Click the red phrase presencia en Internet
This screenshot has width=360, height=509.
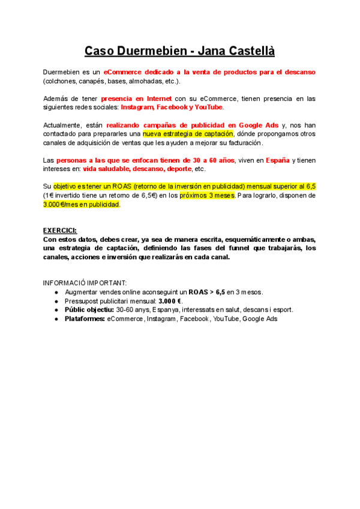(137, 98)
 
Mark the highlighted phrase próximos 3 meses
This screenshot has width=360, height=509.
(207, 196)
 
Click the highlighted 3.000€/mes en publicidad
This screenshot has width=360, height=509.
(82, 205)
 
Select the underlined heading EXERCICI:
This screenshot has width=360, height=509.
(61, 230)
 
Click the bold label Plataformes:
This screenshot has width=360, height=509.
(85, 319)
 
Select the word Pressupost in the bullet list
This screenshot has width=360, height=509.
(83, 301)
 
